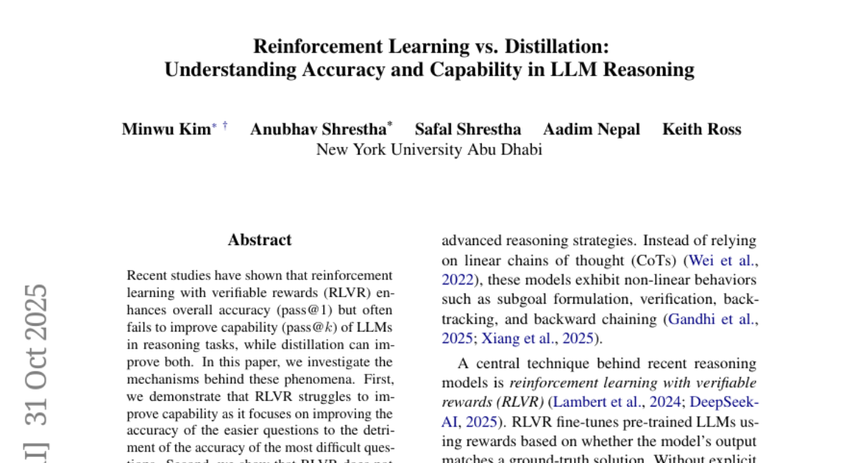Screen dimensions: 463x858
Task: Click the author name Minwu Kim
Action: point(166,129)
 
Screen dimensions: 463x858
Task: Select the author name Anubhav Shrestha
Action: point(317,129)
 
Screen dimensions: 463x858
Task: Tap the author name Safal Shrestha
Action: point(468,129)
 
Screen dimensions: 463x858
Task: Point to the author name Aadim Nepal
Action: point(591,129)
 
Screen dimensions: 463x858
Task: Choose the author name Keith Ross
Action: point(701,129)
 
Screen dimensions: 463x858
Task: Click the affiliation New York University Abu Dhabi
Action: point(429,149)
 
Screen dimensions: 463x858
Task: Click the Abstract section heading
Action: point(260,240)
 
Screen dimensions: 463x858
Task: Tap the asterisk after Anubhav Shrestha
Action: point(390,126)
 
